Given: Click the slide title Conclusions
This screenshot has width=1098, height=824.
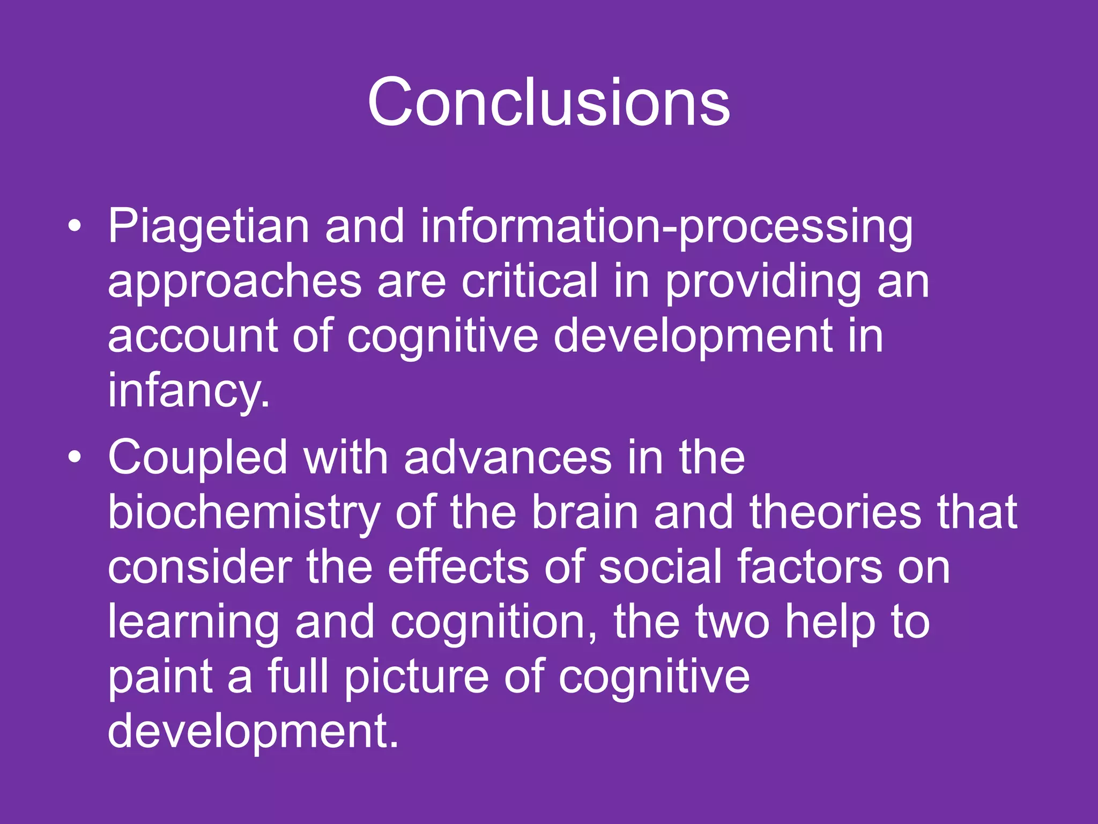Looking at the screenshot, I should pos(548,102).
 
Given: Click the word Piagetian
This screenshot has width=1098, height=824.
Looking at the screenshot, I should pos(209,226).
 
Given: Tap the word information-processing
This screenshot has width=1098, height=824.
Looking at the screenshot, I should pos(666,226).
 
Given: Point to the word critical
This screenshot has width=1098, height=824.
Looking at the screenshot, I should pos(529,281).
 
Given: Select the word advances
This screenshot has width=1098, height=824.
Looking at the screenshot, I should pos(507,458).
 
